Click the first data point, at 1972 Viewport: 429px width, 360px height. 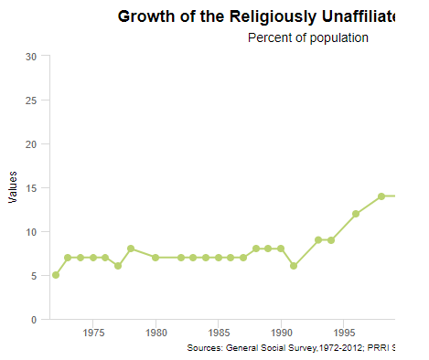click(x=56, y=275)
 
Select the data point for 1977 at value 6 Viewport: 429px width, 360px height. click(x=118, y=266)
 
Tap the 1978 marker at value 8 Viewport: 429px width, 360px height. click(x=131, y=249)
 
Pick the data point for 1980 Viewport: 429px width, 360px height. click(x=156, y=258)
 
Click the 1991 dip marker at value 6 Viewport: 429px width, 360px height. click(x=294, y=266)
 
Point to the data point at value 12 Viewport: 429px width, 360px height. click(x=356, y=214)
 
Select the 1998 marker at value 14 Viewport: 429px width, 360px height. click(x=381, y=196)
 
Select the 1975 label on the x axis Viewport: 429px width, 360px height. click(x=93, y=334)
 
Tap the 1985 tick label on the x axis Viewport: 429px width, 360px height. click(x=219, y=334)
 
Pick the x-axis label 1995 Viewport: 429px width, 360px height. click(x=343, y=334)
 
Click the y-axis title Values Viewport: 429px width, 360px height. click(x=13, y=187)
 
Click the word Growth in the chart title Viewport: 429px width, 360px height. click(x=146, y=16)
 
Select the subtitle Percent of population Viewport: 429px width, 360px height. click(x=307, y=37)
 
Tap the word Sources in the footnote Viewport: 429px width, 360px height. click(x=204, y=348)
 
